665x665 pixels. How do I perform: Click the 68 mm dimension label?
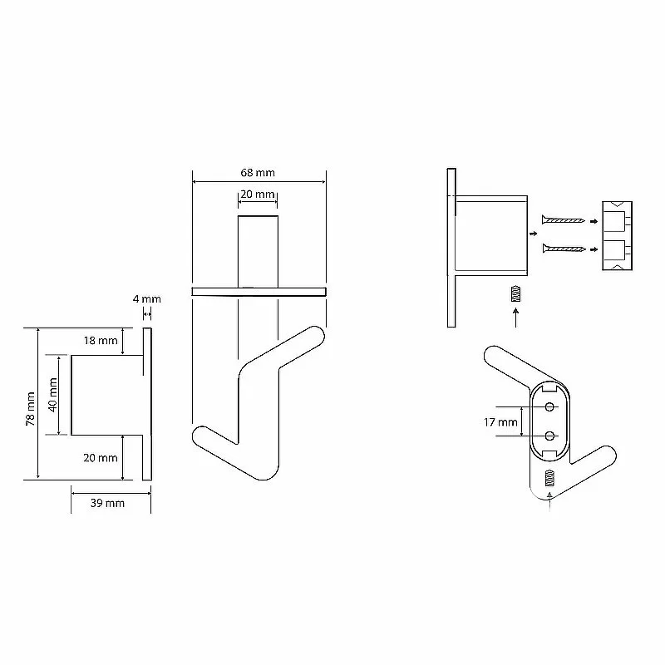click(x=258, y=173)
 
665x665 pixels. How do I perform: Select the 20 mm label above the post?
click(x=258, y=195)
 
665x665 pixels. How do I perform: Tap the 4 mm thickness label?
click(x=147, y=299)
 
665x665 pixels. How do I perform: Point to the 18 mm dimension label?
click(x=101, y=341)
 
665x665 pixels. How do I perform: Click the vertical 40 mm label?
click(x=53, y=394)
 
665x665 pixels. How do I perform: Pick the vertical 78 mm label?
click(x=31, y=409)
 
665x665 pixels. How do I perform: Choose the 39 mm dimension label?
click(x=107, y=504)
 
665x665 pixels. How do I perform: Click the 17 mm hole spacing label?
click(x=500, y=422)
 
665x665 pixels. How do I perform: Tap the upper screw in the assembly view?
click(x=564, y=219)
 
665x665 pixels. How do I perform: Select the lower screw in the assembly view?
click(x=564, y=248)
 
